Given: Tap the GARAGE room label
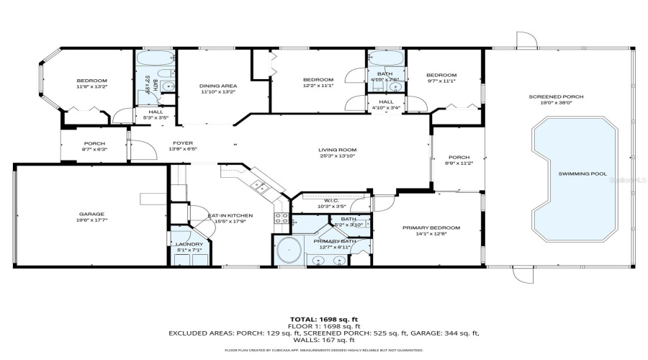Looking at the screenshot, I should click(x=92, y=214).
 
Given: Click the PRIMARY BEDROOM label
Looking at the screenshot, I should click(x=431, y=228).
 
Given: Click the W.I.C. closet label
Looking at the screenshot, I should click(x=332, y=202).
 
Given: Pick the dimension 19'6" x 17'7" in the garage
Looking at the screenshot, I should click(x=92, y=220).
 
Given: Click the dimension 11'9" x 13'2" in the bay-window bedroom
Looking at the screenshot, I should click(x=92, y=86).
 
